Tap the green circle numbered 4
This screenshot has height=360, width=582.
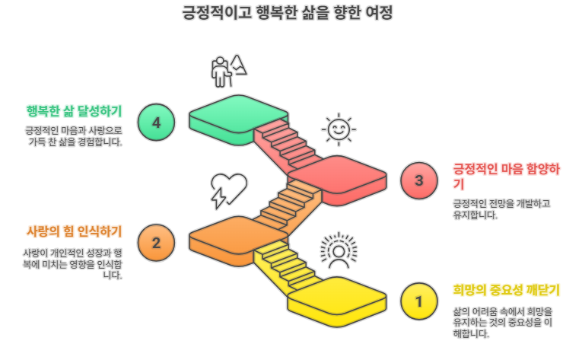coord(157,123)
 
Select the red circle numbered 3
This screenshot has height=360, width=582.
coord(418,180)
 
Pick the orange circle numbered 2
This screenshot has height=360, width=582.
coord(157,243)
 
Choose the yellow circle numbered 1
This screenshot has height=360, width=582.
coord(418,301)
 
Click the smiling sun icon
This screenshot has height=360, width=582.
coord(337,129)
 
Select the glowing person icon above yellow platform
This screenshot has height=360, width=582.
coord(337,250)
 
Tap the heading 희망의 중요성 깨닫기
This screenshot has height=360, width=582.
coord(506,289)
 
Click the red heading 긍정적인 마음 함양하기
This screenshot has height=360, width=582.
coord(506,176)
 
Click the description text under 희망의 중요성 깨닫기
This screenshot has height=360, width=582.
coord(502,322)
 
